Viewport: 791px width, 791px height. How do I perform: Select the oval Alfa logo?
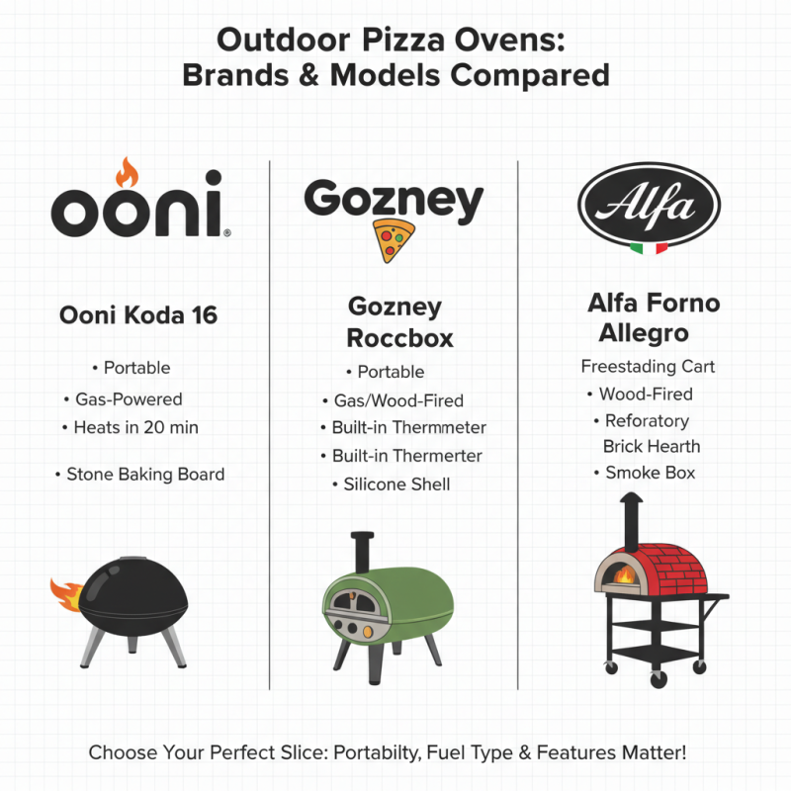(650, 205)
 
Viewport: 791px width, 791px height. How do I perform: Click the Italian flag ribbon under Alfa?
(649, 246)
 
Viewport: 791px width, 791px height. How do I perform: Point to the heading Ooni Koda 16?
(138, 315)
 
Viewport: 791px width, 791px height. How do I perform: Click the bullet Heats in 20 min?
(136, 428)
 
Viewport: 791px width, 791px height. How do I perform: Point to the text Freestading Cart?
(648, 367)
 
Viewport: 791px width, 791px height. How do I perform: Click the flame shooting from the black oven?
(66, 593)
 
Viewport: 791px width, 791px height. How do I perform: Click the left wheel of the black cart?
(610, 668)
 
